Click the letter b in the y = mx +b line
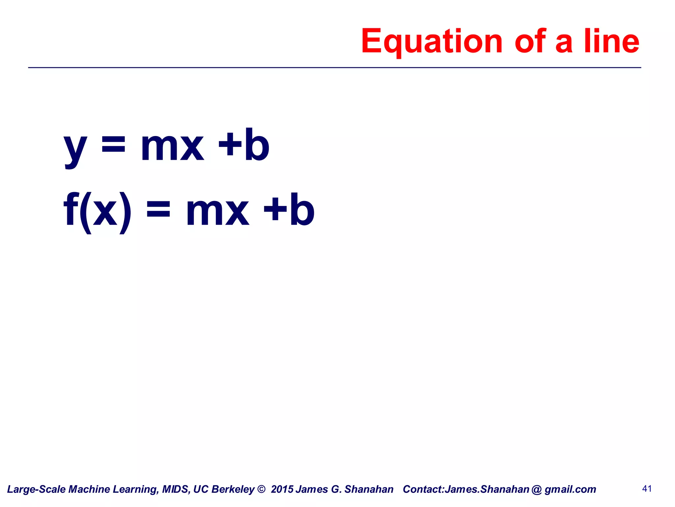[257, 145]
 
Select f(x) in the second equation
[97, 211]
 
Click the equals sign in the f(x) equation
[159, 210]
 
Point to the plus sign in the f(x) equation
[275, 210]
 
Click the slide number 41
[647, 489]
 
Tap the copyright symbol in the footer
[261, 489]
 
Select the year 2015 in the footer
[282, 489]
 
